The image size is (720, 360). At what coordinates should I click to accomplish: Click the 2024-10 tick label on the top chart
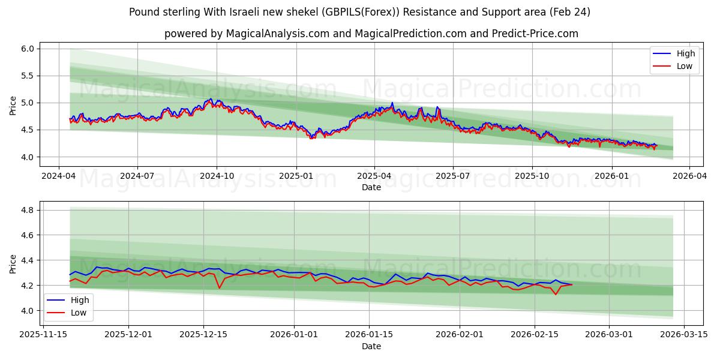pos(216,176)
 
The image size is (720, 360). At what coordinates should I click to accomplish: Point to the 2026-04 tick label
pos(689,176)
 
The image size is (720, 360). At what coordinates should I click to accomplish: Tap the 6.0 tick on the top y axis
pos(28,49)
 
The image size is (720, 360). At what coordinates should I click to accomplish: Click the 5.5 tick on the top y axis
pos(28,76)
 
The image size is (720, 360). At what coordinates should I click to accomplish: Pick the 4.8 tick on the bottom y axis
pos(28,210)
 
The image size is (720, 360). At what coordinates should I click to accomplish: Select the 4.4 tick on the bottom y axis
pos(28,260)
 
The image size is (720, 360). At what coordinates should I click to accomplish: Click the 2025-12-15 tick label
pos(203,335)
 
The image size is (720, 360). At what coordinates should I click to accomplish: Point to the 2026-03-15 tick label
pos(684,335)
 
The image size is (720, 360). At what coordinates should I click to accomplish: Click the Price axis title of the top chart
pos(13,106)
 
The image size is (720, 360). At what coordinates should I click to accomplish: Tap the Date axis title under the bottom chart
pos(371,346)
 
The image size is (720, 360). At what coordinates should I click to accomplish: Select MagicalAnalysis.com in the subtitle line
pos(277,34)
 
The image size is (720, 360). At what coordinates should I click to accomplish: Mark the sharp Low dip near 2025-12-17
pos(220,288)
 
